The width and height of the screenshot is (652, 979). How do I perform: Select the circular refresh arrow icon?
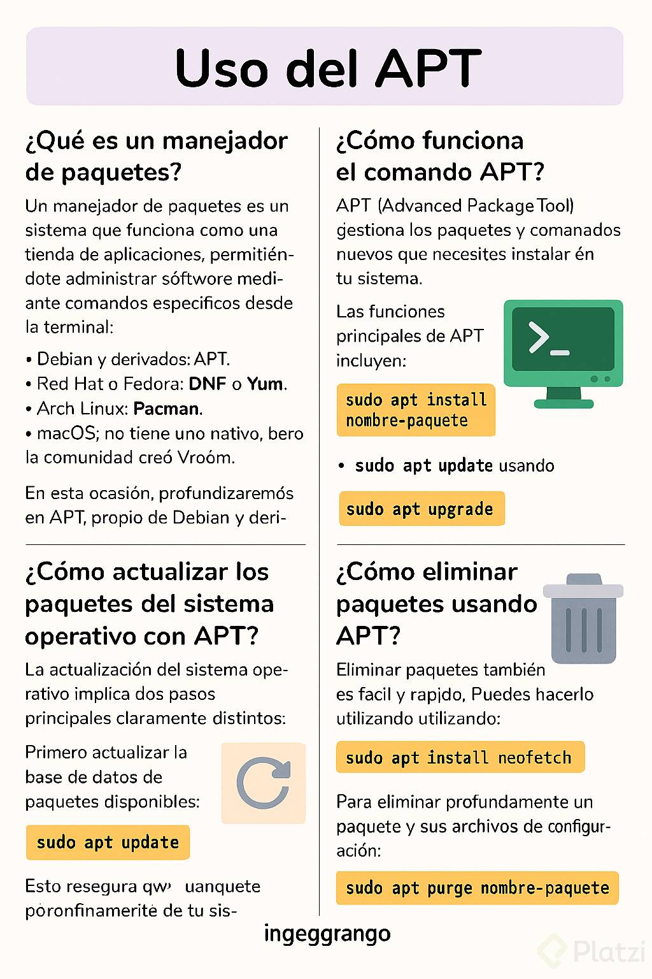coord(263,783)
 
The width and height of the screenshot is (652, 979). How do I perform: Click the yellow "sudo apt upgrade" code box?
coord(421,509)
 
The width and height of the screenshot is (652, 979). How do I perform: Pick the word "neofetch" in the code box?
coord(534,757)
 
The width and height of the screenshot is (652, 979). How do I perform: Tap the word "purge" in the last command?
coord(450,888)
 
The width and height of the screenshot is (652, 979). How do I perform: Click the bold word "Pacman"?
coord(167,409)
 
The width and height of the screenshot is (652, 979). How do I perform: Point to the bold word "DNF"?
coord(208,384)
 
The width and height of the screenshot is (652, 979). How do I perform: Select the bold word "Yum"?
coord(265,384)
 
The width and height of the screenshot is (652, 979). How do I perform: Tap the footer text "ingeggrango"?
coord(327,933)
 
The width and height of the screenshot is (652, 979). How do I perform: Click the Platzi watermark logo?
coord(592,952)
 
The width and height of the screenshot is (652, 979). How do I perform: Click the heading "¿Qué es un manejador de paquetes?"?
coord(156,156)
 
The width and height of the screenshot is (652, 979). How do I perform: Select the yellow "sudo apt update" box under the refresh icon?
coord(108,842)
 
